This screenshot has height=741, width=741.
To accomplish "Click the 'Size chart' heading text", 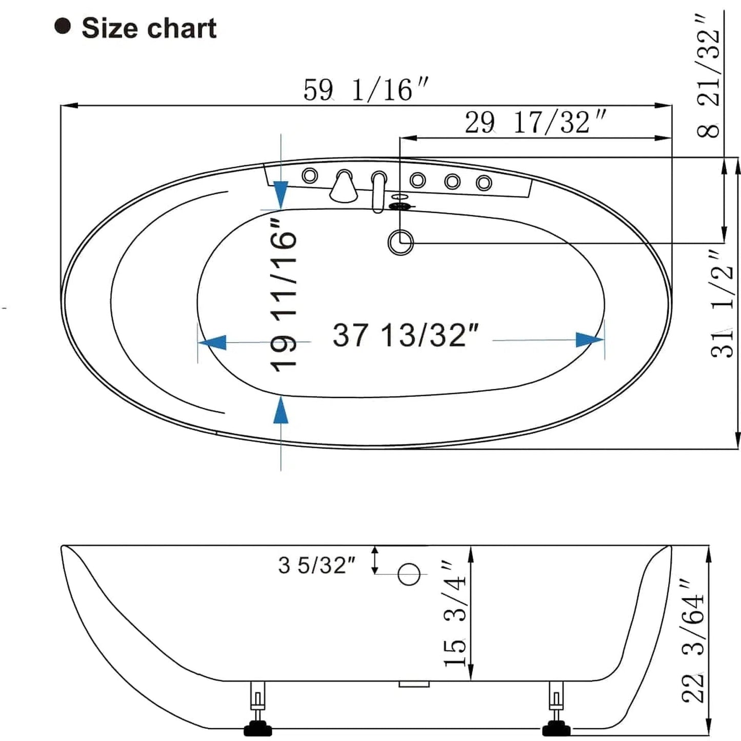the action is (149, 28).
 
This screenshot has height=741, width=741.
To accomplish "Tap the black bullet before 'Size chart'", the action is (63, 26).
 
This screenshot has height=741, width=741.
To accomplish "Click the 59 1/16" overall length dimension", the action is (365, 90).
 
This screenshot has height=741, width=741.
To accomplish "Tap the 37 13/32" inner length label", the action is (406, 335).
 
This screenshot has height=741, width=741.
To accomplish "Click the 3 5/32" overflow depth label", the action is (317, 565).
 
